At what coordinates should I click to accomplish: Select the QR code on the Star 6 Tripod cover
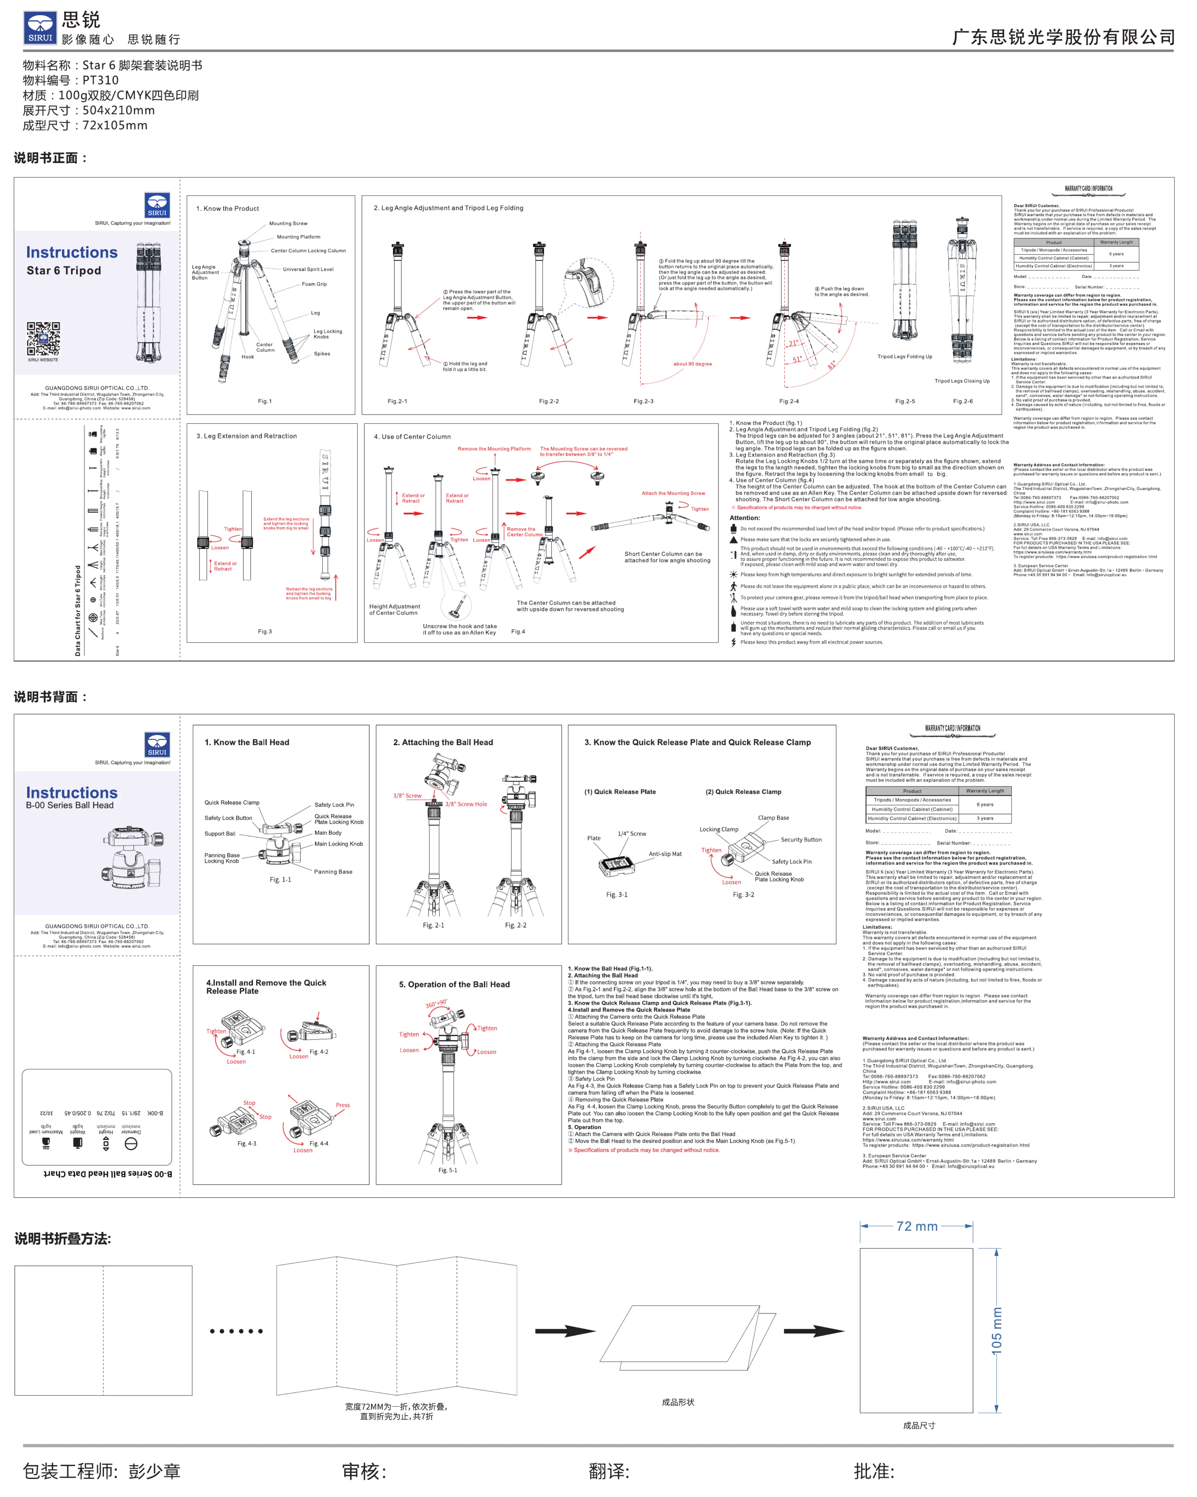click(43, 339)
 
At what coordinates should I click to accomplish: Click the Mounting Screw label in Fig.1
click(288, 224)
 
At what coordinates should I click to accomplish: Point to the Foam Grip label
click(314, 284)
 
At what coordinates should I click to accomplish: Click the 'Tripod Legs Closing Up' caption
click(962, 381)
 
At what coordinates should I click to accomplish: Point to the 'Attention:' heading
click(745, 518)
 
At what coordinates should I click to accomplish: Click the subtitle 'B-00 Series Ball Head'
click(69, 805)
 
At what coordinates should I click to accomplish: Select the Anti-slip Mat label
click(665, 854)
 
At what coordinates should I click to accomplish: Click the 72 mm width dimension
click(917, 1227)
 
